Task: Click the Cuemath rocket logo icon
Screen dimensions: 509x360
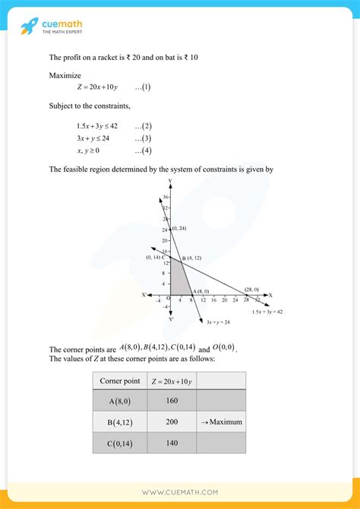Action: [31, 27]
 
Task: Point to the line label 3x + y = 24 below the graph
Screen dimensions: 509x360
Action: [218, 322]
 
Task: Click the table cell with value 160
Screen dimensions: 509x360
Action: [171, 401]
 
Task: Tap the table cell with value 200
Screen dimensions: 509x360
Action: [171, 422]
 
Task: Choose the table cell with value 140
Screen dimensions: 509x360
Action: [171, 443]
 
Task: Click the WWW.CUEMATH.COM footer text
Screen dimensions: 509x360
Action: [180, 492]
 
